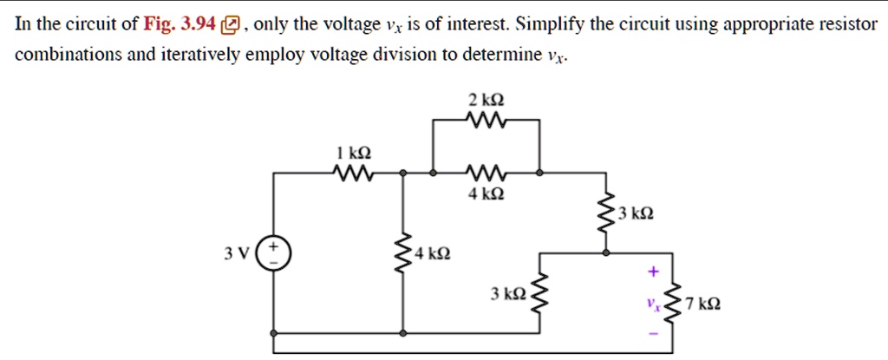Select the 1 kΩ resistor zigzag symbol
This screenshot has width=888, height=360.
[x=352, y=173]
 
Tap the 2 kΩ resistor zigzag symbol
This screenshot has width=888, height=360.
[x=486, y=121]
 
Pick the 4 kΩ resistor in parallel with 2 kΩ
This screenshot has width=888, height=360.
[x=486, y=173]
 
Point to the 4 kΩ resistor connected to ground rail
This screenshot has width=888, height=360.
[x=402, y=253]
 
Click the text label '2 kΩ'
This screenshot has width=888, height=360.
[x=486, y=99]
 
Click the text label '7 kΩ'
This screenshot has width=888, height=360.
[x=700, y=304]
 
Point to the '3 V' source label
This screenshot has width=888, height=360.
[x=236, y=254]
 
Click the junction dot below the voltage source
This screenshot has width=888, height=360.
[x=274, y=334]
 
